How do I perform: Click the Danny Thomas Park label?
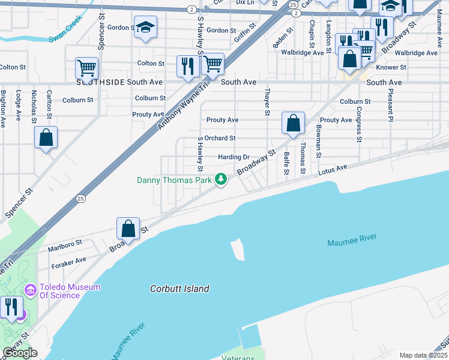click(175, 179)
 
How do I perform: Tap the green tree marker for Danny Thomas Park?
click(221, 179)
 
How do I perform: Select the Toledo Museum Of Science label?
click(70, 291)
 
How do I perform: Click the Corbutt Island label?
click(179, 289)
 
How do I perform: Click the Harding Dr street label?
click(234, 157)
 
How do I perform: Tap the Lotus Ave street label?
click(333, 171)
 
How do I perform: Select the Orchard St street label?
click(220, 138)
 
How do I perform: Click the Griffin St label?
click(245, 35)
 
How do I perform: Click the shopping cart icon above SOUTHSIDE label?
click(87, 68)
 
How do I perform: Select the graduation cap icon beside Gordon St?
click(145, 28)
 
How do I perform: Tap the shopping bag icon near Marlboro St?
click(128, 228)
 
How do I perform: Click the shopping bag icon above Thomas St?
click(293, 123)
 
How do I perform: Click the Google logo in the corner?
click(20, 353)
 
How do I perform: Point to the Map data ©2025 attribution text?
click(423, 355)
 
